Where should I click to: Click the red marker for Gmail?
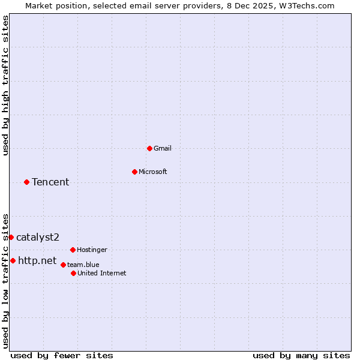click(x=149, y=148)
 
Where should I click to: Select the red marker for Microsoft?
click(x=134, y=172)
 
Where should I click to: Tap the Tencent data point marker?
click(x=26, y=182)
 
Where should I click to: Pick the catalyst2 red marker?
click(x=11, y=237)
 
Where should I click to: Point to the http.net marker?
click(x=13, y=260)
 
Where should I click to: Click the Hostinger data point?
click(x=73, y=250)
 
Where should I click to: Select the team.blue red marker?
click(x=63, y=265)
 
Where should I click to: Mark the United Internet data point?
click(x=73, y=273)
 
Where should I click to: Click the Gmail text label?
click(x=163, y=148)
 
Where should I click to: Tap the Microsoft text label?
click(x=153, y=172)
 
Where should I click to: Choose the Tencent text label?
click(x=50, y=182)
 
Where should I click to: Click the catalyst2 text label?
click(x=38, y=237)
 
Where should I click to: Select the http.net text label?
click(x=37, y=260)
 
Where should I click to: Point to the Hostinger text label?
click(x=92, y=250)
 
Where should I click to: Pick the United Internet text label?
click(x=102, y=273)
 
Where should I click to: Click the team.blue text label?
click(x=83, y=265)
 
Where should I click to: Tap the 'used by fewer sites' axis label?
click(x=62, y=355)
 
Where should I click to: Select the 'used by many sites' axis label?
click(x=301, y=355)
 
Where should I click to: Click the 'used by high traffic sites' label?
click(x=5, y=85)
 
